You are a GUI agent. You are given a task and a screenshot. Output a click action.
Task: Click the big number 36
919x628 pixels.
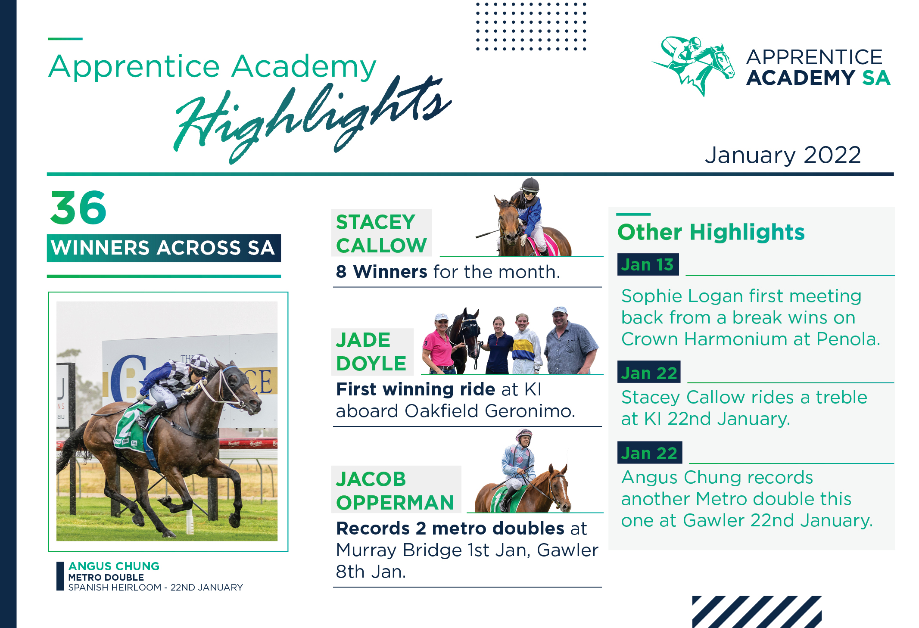click(x=78, y=208)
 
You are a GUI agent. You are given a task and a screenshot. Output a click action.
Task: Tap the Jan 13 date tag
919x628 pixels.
click(x=648, y=264)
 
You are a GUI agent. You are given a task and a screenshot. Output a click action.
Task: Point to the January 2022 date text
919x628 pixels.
click(x=782, y=155)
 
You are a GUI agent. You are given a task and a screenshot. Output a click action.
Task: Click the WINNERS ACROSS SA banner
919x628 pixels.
click(x=164, y=248)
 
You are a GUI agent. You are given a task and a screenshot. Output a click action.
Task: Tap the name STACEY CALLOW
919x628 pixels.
click(x=381, y=233)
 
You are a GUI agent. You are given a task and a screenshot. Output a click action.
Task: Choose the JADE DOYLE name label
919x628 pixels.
click(x=371, y=351)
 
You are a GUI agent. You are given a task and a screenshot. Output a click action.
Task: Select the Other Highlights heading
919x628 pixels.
click(x=711, y=232)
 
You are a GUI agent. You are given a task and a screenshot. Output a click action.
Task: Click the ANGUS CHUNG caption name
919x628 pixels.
click(x=114, y=566)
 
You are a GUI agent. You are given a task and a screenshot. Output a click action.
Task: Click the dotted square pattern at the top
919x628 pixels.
click(x=531, y=26)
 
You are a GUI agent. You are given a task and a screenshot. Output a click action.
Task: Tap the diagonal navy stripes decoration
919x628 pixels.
click(x=757, y=612)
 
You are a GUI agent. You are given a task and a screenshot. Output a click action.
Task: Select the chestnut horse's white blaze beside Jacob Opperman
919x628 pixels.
click(x=562, y=490)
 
